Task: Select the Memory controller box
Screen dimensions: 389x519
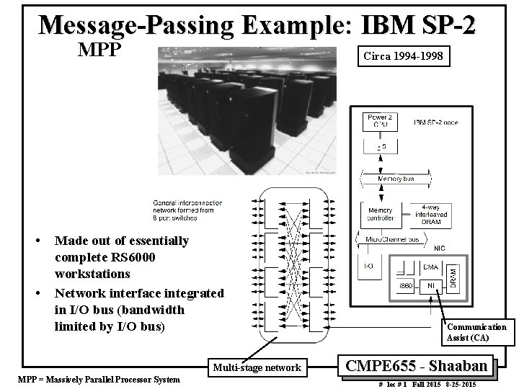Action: [x=380, y=213]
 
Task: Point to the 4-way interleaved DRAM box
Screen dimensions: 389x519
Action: [x=431, y=213]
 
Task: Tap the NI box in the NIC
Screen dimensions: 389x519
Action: [x=431, y=287]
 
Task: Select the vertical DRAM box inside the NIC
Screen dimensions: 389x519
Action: [x=453, y=275]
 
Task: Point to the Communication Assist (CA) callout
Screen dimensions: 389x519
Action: [x=476, y=332]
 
